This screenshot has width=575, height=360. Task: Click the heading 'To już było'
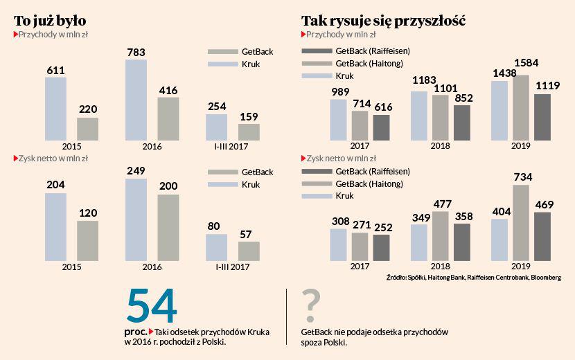pyautogui.click(x=50, y=20)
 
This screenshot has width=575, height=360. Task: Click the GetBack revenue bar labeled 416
pyautogui.click(x=168, y=119)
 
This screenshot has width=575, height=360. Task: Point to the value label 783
pyautogui.click(x=136, y=52)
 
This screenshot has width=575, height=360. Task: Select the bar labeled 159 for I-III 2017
pyautogui.click(x=249, y=132)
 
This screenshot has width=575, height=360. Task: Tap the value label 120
pyautogui.click(x=87, y=213)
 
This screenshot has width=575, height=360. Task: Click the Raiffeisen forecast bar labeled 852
pyautogui.click(x=461, y=123)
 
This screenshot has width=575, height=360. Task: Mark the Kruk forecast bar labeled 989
pyautogui.click(x=338, y=120)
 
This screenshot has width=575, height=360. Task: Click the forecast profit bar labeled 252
pyautogui.click(x=381, y=246)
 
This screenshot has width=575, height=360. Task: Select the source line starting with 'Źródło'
pyautogui.click(x=474, y=278)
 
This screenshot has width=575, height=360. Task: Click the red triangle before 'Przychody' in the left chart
pyautogui.click(x=16, y=34)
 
